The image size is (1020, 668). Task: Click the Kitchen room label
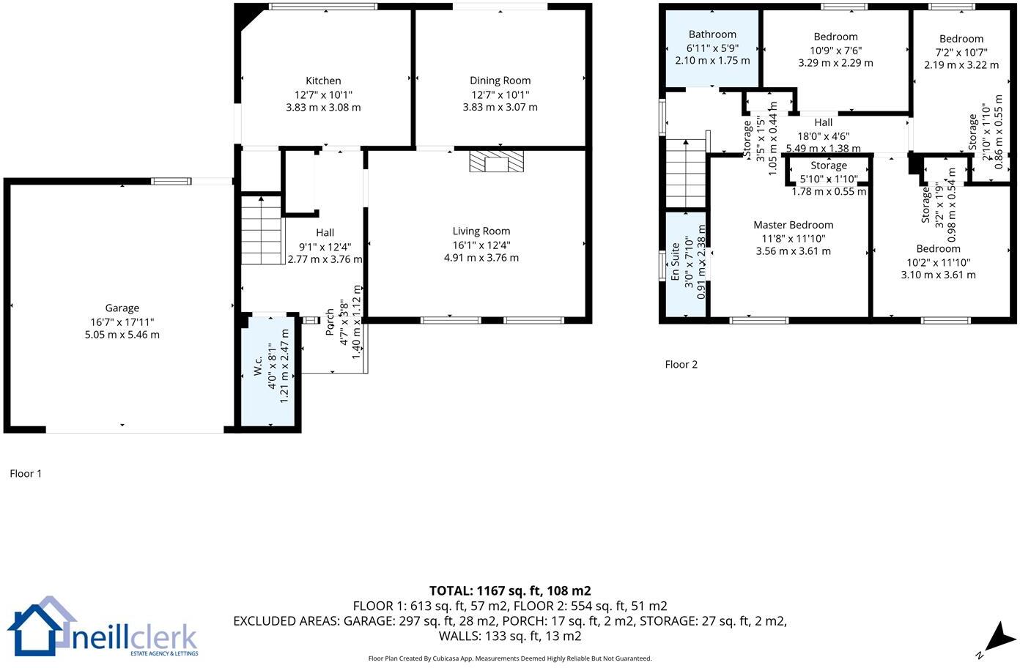coord(323,81)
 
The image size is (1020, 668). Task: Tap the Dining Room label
coord(500,81)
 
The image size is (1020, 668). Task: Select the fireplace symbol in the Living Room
coord(497,161)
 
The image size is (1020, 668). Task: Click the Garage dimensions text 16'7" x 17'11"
coord(122,322)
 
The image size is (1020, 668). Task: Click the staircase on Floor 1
coord(262,230)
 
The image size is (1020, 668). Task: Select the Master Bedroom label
coord(793,225)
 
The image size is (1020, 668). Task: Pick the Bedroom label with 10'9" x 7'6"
coord(835,37)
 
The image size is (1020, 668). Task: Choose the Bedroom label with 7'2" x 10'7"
coord(961,39)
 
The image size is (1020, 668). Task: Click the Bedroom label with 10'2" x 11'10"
coord(938,248)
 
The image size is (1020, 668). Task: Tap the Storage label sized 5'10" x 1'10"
coord(828,166)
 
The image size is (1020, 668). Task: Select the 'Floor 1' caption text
coord(26,473)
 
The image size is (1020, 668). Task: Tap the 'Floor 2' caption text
coord(681,364)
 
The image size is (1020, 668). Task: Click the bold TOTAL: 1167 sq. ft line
coord(510,590)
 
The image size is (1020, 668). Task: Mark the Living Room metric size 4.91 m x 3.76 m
coord(481,257)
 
